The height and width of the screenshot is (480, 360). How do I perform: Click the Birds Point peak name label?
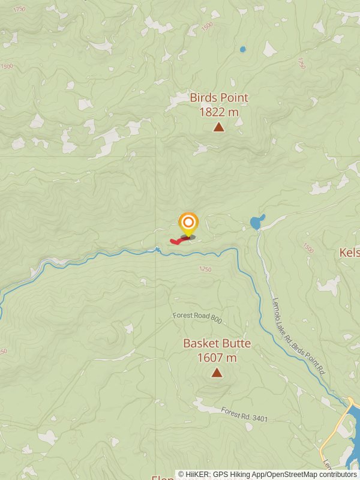tap(219, 97)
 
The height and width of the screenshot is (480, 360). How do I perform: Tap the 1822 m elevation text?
tap(219, 112)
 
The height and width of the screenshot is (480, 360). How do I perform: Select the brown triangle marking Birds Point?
tap(219, 127)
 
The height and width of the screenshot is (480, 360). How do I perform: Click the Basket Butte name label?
tap(217, 344)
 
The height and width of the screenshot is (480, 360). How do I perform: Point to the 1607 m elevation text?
tap(217, 358)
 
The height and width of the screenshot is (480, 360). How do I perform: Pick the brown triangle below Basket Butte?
tap(217, 373)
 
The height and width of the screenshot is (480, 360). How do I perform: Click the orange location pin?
tap(188, 223)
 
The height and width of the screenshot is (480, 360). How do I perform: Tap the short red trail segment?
tap(178, 241)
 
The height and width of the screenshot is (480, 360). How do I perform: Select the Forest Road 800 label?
tap(197, 318)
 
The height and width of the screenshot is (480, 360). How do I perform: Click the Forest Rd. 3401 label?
tap(244, 414)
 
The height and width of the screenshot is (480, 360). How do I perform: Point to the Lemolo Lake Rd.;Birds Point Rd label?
tap(299, 337)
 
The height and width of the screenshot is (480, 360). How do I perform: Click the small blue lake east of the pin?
tap(257, 223)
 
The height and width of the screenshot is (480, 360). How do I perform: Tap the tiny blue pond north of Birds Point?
tap(242, 49)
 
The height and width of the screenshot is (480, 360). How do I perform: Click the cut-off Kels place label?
tap(349, 253)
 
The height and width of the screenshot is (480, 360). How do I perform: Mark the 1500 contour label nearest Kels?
tap(308, 248)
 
